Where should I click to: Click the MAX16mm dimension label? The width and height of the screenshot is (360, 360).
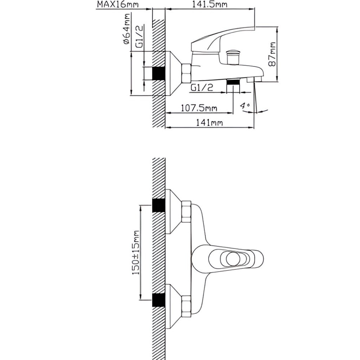point(118,4)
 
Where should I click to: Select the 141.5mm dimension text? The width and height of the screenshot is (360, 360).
point(210,4)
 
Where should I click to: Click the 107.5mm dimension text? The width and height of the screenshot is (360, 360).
point(199,108)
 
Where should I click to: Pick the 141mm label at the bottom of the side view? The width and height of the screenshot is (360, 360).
point(209,123)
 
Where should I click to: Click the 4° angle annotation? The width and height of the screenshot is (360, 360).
point(245,106)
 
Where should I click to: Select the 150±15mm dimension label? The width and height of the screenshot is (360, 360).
point(136,252)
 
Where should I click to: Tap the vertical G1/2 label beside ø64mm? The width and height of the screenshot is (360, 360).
point(139,37)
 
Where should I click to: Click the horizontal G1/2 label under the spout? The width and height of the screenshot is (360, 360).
point(202,87)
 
